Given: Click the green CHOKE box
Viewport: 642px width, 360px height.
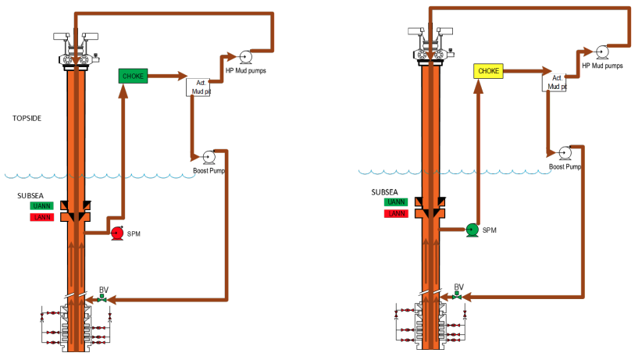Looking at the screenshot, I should pyautogui.click(x=133, y=76).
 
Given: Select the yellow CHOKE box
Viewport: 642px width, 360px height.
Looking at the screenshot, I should pyautogui.click(x=488, y=71).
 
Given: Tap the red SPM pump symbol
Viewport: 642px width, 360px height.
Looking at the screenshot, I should pyautogui.click(x=117, y=232).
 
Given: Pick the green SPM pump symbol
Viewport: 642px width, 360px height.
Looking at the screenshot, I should pyautogui.click(x=472, y=229).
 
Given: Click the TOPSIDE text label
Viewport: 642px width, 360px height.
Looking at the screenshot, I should pyautogui.click(x=27, y=119).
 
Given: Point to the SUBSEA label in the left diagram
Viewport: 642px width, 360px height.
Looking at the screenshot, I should pyautogui.click(x=32, y=194).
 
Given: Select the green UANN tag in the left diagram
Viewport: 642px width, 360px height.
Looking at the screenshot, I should pyautogui.click(x=41, y=205).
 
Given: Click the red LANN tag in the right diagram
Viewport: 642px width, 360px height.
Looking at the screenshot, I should pyautogui.click(x=396, y=213).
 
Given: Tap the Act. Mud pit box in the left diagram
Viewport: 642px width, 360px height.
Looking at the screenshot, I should pyautogui.click(x=198, y=86).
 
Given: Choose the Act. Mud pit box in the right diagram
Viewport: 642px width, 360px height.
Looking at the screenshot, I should pyautogui.click(x=553, y=81).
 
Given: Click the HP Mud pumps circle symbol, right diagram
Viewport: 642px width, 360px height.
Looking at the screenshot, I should pyautogui.click(x=601, y=52).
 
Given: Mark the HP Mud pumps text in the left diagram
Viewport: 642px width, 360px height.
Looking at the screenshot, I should pyautogui.click(x=246, y=70).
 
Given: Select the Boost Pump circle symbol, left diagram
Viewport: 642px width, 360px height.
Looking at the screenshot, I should pyautogui.click(x=209, y=156).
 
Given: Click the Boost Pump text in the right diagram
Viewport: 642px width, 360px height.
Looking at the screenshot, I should pyautogui.click(x=565, y=166).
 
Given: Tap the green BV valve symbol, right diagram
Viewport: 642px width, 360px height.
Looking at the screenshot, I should pyautogui.click(x=458, y=297).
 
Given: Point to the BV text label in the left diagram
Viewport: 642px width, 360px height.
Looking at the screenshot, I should pyautogui.click(x=103, y=289).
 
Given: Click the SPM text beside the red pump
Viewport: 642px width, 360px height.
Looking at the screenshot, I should pyautogui.click(x=134, y=233).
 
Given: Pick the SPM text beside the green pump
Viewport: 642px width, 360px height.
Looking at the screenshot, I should pyautogui.click(x=490, y=230).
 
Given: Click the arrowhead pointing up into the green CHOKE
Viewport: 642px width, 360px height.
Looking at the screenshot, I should pyautogui.click(x=123, y=91).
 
